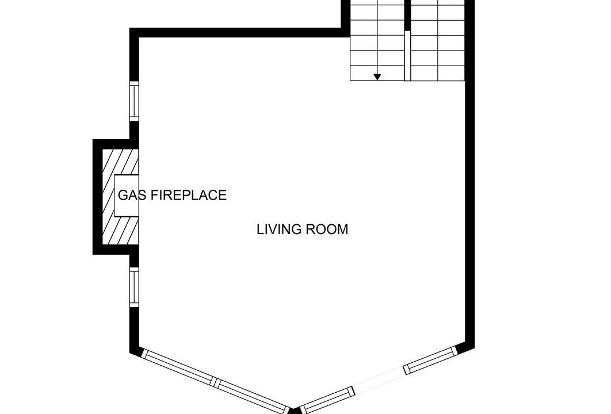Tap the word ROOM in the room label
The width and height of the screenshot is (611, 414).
327,229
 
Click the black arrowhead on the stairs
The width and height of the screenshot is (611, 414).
377,77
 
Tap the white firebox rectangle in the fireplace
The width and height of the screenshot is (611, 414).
126,195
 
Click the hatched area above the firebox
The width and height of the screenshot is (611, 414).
120,162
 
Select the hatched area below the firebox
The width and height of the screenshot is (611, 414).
120,231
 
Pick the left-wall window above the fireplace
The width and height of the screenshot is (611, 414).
134,101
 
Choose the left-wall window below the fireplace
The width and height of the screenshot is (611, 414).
134,287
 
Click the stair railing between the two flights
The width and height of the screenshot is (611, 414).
407,56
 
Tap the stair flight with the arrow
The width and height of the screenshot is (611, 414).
377,40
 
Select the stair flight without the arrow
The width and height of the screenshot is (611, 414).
438,40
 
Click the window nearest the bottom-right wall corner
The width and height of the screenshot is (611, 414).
430,360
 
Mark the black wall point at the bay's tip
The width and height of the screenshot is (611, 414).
295,411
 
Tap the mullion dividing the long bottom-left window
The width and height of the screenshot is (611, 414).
215,381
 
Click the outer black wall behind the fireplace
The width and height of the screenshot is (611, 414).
97,197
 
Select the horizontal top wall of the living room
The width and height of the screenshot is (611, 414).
239,33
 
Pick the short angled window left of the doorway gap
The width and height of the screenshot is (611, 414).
329,400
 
